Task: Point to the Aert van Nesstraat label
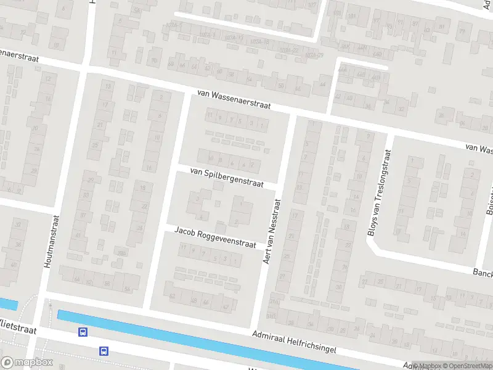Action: pos(272,231)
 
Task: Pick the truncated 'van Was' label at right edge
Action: pos(479,149)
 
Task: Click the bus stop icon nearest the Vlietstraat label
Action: pos(83,332)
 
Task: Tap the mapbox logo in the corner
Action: pos(26,363)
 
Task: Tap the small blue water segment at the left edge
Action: pos(8,303)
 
